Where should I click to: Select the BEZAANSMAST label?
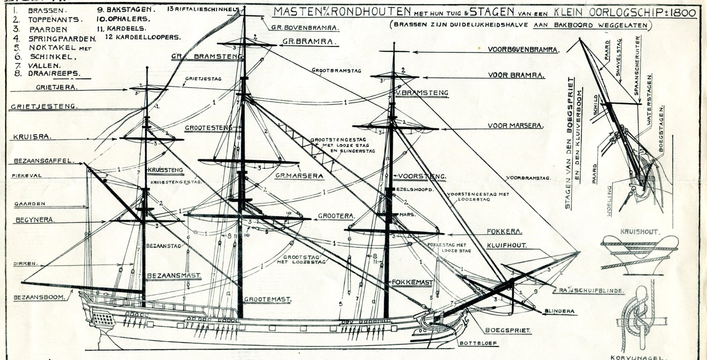[174, 276]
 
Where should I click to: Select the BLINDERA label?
[560, 311]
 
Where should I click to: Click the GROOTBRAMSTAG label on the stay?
[337, 70]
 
